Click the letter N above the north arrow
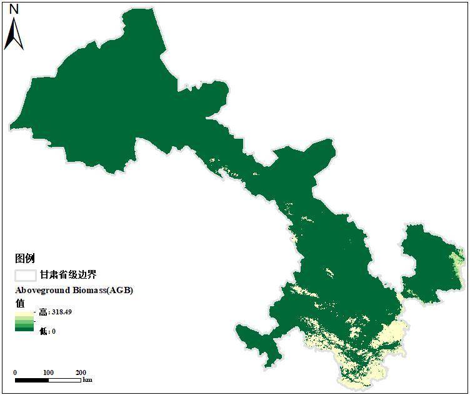coord(14,9)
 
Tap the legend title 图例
coord(25,258)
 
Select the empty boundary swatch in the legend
coord(26,274)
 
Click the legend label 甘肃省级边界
coord(68,274)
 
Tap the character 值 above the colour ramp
coord(20,302)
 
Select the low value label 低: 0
coord(47,331)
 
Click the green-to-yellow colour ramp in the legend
coord(25,322)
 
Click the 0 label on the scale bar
coord(16,372)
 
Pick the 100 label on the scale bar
coord(48,372)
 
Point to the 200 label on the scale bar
coord(81,372)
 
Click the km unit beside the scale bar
coord(87,380)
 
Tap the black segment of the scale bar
coord(32,379)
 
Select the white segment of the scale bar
coord(64,379)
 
